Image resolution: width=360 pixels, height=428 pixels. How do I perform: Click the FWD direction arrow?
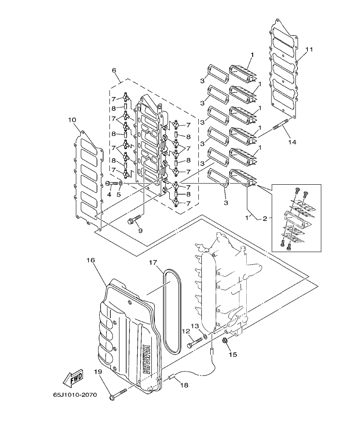click(x=73, y=378)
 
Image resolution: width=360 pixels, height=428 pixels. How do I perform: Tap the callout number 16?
click(x=90, y=260)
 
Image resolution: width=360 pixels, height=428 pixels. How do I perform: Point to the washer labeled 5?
click(x=121, y=183)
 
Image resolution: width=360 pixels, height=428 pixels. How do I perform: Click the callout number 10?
click(x=71, y=120)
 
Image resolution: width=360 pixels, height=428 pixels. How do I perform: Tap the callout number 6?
click(x=115, y=70)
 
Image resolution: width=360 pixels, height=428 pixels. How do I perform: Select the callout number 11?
click(x=309, y=50)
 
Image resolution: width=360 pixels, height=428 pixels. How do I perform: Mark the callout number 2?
click(x=265, y=218)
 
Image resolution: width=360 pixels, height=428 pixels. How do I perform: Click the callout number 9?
click(x=140, y=231)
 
